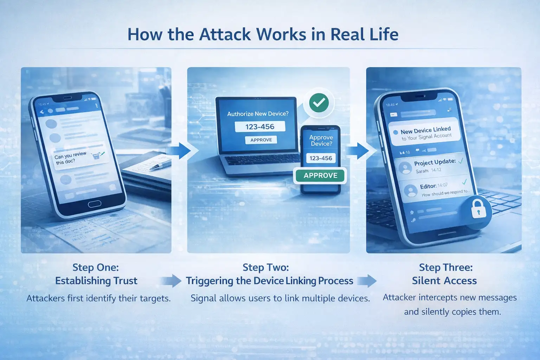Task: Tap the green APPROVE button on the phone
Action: (320, 175)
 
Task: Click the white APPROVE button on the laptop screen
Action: (261, 140)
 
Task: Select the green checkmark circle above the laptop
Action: (319, 103)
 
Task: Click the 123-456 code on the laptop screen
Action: (260, 127)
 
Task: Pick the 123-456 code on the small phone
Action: (321, 158)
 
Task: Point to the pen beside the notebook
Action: (160, 166)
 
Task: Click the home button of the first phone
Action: (95, 204)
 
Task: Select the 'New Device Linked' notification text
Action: (425, 130)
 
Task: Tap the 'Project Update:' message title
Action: (435, 162)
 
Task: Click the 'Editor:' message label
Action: (428, 186)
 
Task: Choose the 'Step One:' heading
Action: (96, 268)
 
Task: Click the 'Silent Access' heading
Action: (444, 281)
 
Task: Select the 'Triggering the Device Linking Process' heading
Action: (269, 281)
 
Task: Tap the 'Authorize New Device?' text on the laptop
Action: (258, 114)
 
